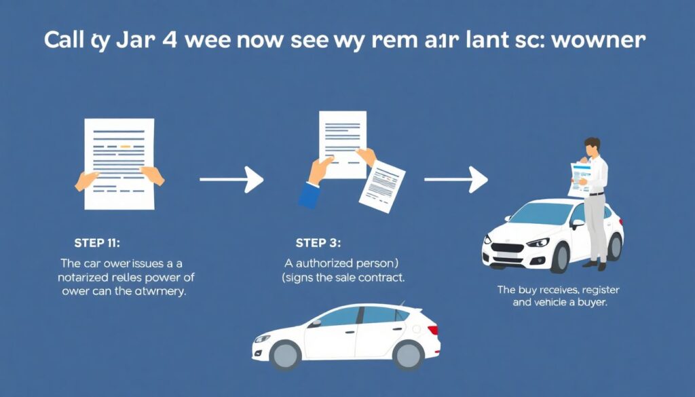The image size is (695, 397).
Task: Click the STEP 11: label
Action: (98, 243)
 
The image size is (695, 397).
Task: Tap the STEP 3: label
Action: (318, 243)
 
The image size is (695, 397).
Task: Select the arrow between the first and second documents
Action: (231, 180)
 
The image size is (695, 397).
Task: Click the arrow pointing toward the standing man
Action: (455, 180)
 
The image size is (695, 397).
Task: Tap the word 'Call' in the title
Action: (64, 39)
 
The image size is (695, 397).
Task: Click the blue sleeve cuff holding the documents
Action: (310, 195)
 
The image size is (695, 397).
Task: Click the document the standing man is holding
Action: (580, 176)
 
